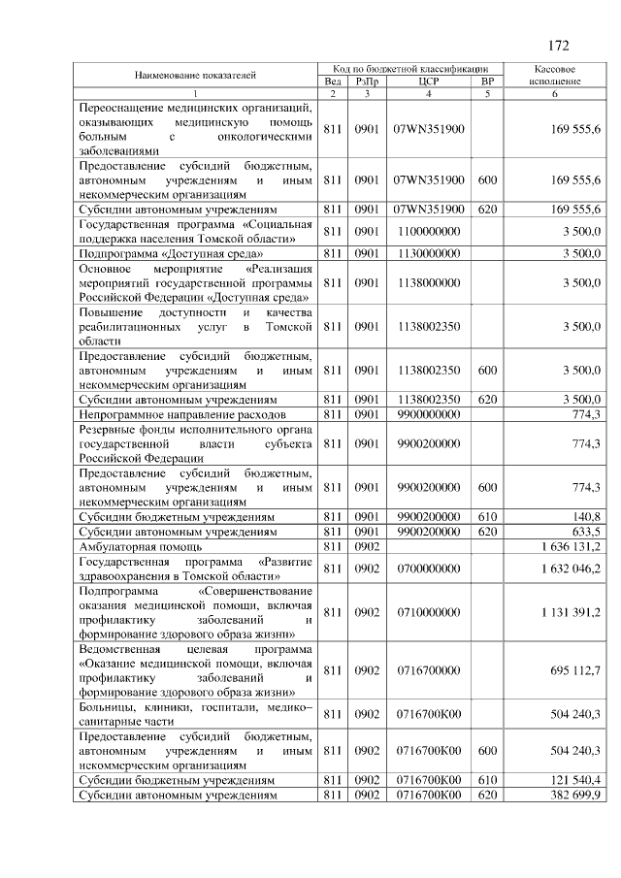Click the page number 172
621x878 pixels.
558,46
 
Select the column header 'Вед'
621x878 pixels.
332,81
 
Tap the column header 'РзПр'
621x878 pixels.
366,81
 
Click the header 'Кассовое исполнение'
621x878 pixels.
556,76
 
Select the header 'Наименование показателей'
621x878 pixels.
196,76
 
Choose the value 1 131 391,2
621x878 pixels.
572,612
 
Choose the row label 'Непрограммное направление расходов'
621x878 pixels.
183,414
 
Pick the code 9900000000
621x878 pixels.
429,414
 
